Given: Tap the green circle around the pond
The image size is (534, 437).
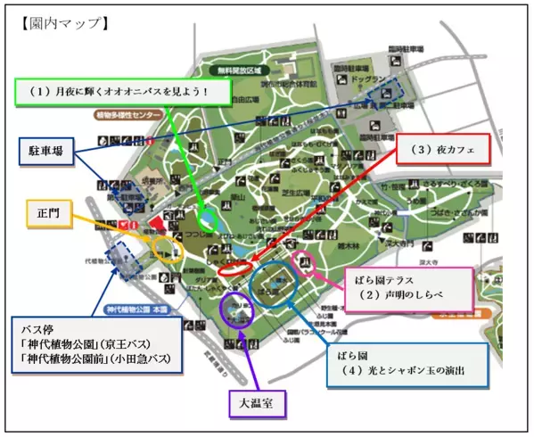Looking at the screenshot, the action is pos(210,218).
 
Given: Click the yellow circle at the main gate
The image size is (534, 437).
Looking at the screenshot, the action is pos(164,246).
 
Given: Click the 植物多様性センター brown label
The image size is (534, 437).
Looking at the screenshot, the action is pos(130,114).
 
